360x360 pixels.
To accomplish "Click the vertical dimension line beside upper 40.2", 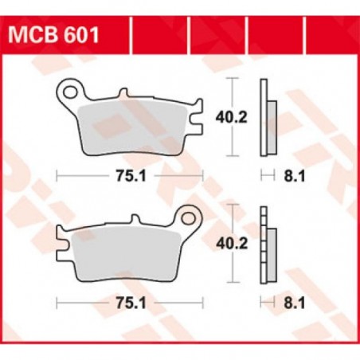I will pos(232,117).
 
